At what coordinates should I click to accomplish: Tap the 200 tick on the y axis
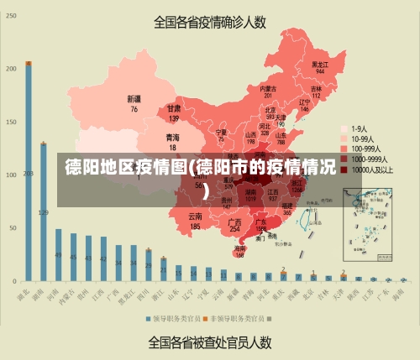coord(10,68)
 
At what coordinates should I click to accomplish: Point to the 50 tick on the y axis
coord(12,227)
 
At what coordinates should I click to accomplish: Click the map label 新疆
coord(134,98)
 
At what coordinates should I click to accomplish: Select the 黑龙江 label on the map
coord(319,64)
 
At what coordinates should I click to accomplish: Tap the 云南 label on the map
coord(195,217)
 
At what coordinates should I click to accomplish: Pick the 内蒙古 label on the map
coord(268,88)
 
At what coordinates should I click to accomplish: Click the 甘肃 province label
coord(174,109)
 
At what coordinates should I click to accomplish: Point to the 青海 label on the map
coord(172,137)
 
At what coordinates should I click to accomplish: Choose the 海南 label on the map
coord(240,248)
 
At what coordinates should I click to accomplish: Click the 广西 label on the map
coord(235,222)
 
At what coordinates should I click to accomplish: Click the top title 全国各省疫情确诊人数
coord(209,23)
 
